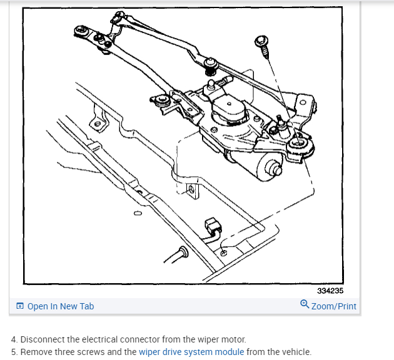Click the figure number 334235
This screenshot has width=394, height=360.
point(330,291)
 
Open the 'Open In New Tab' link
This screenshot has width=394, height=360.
point(61,306)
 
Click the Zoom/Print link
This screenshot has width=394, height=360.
point(333,306)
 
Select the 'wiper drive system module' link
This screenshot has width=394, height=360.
point(191,352)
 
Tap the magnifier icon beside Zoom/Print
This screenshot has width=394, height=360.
point(305,305)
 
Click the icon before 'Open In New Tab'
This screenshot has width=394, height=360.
point(20,306)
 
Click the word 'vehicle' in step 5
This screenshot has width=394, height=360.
point(295,352)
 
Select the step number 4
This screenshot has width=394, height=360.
point(14,339)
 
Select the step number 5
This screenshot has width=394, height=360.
point(14,352)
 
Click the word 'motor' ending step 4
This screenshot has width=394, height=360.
point(234,339)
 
